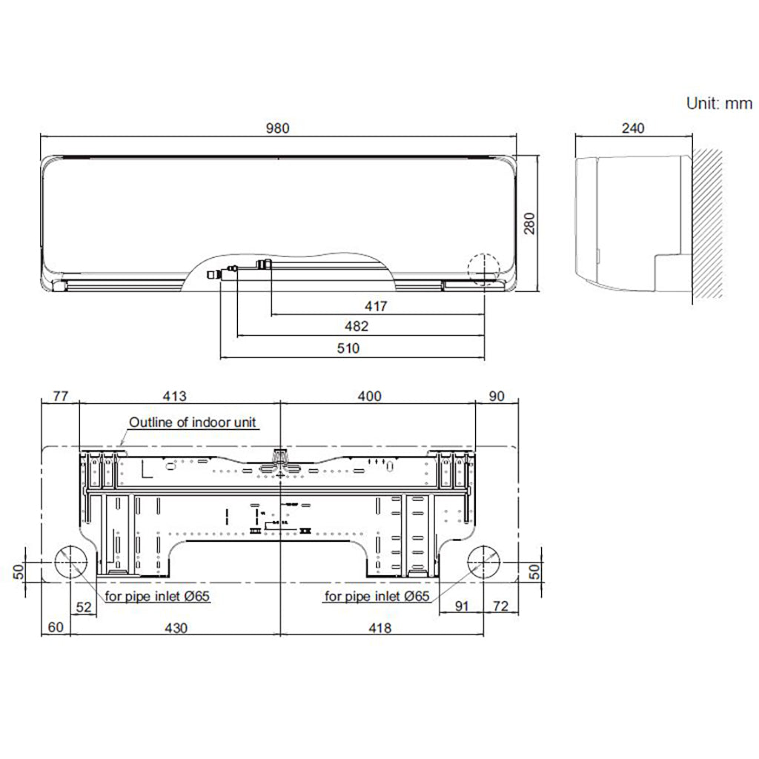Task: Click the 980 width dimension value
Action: [278, 127]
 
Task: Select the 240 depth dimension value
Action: [632, 127]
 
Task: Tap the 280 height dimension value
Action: [529, 223]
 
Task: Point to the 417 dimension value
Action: [377, 305]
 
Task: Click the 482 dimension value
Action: [357, 326]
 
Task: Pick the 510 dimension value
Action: [348, 348]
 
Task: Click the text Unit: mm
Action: [719, 103]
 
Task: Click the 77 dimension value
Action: [59, 396]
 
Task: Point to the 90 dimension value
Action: [497, 396]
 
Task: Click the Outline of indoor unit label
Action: [193, 422]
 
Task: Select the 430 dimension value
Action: [175, 628]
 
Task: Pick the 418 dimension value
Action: [379, 628]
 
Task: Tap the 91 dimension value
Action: [462, 607]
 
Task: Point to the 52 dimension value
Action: [84, 607]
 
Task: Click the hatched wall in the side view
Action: [707, 222]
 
